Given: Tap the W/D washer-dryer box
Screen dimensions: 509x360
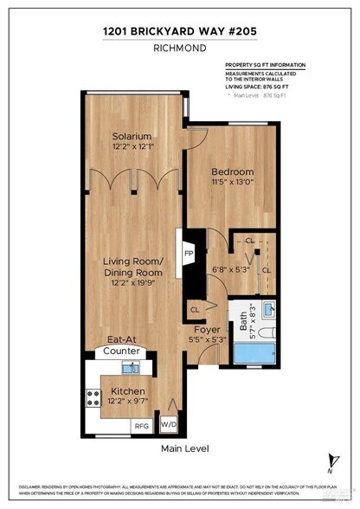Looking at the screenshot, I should click(x=168, y=425).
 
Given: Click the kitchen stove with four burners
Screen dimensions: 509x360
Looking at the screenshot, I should click(x=93, y=397).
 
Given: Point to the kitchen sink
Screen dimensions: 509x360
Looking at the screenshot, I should click(x=130, y=369).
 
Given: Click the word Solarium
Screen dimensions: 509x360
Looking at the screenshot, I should click(x=132, y=137).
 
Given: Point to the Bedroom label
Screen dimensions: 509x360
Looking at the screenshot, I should click(x=232, y=171).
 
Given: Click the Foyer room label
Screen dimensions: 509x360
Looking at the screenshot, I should click(x=205, y=328).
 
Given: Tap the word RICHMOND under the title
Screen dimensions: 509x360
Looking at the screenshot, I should click(x=179, y=50).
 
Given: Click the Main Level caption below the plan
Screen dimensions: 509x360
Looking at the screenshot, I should click(x=183, y=448).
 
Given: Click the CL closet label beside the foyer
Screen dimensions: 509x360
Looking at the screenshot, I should click(x=195, y=308).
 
